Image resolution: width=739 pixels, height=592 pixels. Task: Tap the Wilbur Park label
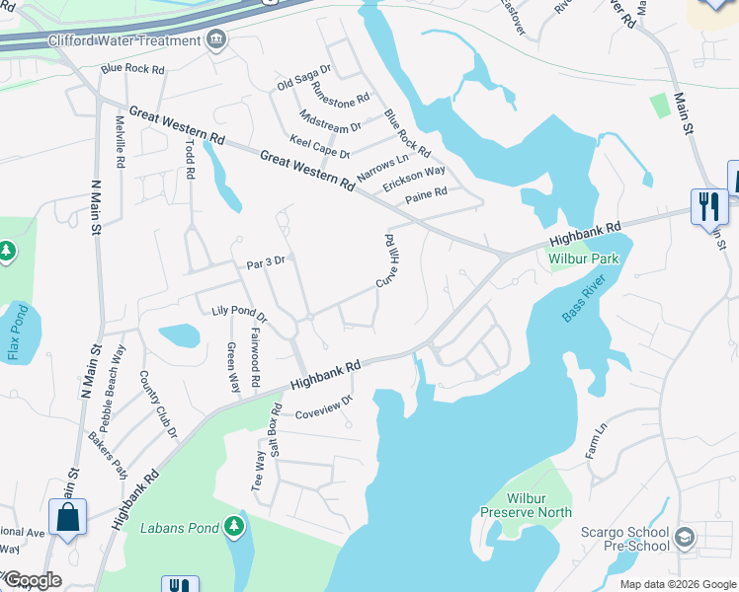click(583, 259)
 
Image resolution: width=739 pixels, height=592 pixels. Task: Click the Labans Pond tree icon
click(234, 527)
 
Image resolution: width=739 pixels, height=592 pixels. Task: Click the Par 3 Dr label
click(265, 262)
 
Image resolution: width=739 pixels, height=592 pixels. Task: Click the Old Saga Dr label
click(303, 77)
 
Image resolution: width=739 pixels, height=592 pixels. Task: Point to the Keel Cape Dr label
click(318, 147)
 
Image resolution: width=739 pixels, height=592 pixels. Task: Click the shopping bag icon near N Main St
click(67, 516)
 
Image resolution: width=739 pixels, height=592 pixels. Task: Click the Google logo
click(32, 581)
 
